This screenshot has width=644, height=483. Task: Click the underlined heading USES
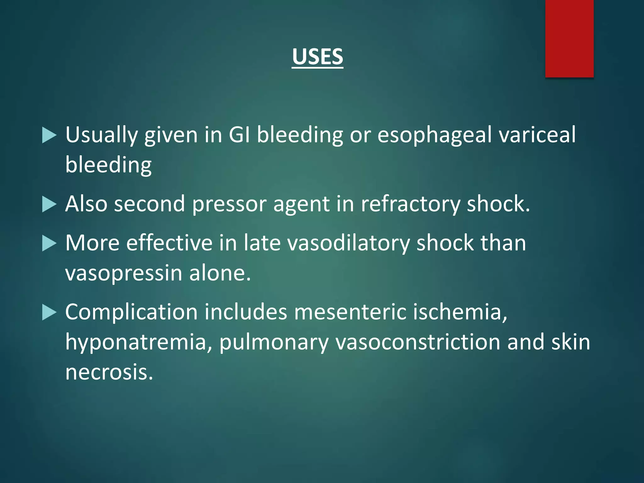(317, 57)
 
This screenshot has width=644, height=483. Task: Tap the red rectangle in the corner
(569, 38)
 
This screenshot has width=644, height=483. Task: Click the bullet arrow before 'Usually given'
(49, 135)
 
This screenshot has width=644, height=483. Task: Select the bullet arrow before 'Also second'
(49, 204)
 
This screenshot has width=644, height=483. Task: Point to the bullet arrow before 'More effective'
(49, 243)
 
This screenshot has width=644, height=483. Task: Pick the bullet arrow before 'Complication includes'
(49, 313)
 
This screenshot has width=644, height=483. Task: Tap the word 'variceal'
(537, 135)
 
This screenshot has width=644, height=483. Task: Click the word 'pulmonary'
(274, 342)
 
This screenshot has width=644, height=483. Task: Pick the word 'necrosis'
(109, 372)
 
